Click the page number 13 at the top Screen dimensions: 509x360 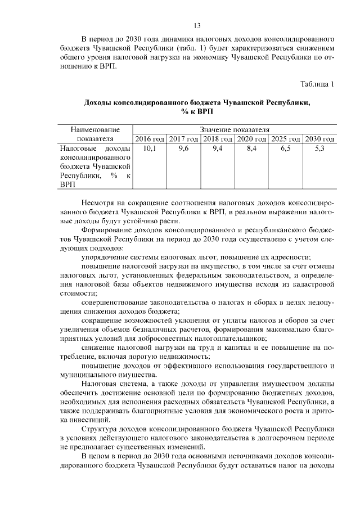pos(197,25)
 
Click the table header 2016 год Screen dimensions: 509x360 pos(150,139)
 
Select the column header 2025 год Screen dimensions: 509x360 pos(285,139)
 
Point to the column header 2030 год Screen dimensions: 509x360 pos(319,139)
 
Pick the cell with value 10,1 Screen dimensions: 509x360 pos(150,149)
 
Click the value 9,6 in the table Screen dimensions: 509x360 pos(183,149)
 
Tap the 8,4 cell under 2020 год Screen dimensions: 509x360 pos(251,149)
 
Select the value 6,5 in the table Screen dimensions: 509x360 pos(285,149)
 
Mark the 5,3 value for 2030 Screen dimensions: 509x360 pos(319,149)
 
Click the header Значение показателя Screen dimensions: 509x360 pos(235,129)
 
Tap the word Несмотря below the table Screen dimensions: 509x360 pos(99,201)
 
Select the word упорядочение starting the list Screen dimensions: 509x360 pos(107,257)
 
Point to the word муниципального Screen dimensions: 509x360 pos(88,375)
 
